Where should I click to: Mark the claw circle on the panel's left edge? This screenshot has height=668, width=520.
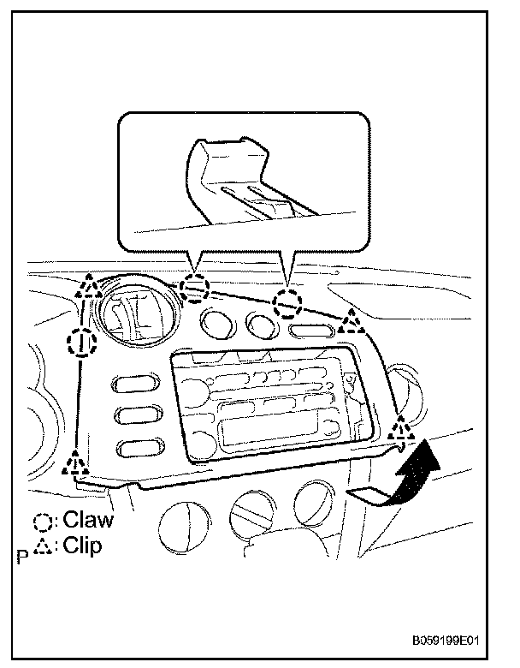[x=79, y=343]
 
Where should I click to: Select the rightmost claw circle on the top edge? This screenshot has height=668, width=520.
[x=287, y=301]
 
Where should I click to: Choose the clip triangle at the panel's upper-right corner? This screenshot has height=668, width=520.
[x=350, y=323]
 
